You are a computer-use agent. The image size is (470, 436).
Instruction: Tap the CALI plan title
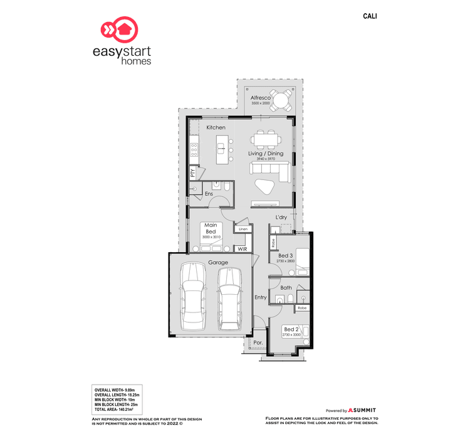pyautogui.click(x=370, y=16)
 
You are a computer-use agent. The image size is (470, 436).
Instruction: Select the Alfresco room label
pyautogui.click(x=260, y=98)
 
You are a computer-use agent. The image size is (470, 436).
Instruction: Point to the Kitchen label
pyautogui.click(x=216, y=128)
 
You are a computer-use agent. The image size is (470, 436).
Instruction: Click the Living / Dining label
pyautogui.click(x=266, y=153)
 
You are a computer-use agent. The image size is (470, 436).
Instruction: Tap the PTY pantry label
pyautogui.click(x=193, y=172)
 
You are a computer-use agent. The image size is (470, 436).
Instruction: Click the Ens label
pyautogui.click(x=209, y=194)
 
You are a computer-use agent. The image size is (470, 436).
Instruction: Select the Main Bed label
pyautogui.click(x=211, y=228)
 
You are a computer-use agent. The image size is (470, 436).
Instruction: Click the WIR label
pyautogui.click(x=243, y=250)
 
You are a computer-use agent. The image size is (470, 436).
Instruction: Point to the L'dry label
pyautogui.click(x=281, y=217)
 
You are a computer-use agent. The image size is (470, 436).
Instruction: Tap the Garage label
pyautogui.click(x=218, y=262)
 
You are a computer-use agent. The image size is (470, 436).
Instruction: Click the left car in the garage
pyautogui.click(x=192, y=295)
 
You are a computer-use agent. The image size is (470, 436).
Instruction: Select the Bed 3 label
pyautogui.click(x=286, y=255)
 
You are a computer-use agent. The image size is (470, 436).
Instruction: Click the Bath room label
pyautogui.click(x=286, y=288)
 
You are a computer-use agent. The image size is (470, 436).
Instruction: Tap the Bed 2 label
pyautogui.click(x=291, y=329)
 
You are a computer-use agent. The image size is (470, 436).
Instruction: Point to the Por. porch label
pyautogui.click(x=258, y=343)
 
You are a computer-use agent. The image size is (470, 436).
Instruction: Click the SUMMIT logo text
pyautogui.click(x=364, y=410)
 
